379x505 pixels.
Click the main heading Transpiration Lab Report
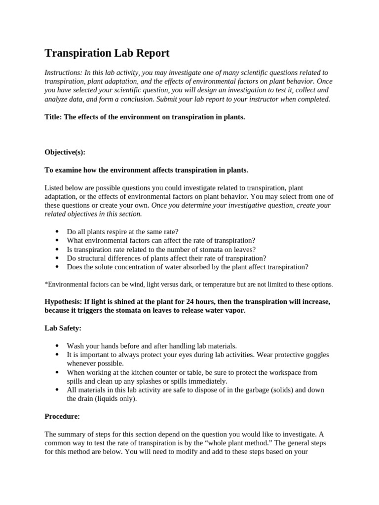pos(107,53)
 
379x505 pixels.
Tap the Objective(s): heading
pos(65,152)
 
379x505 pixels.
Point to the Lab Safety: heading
pos(63,328)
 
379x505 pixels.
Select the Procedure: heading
pos(62,416)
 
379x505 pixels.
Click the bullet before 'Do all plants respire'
pos(57,232)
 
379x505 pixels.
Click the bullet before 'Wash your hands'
pos(57,346)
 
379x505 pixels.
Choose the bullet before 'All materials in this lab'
pos(57,390)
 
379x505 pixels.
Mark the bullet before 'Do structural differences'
pos(57,258)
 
